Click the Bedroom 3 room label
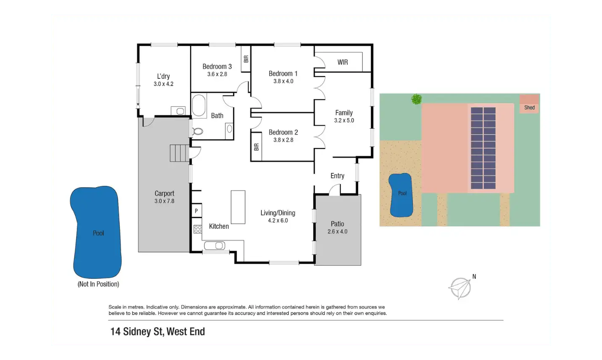(217, 66)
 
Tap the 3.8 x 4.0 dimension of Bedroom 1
(283, 81)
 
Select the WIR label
(343, 62)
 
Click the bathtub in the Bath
(199, 106)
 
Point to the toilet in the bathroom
(197, 131)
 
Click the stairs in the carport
(180, 153)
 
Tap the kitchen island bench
(238, 207)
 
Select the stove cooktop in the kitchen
(198, 229)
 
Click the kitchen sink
(215, 246)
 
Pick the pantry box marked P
(196, 211)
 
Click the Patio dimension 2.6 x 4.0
(338, 232)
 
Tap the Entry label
(337, 176)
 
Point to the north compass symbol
(460, 288)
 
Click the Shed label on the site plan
(529, 108)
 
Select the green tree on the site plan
(417, 99)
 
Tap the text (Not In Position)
(98, 284)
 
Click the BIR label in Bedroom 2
(256, 147)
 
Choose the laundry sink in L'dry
(180, 111)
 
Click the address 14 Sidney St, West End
(158, 332)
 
